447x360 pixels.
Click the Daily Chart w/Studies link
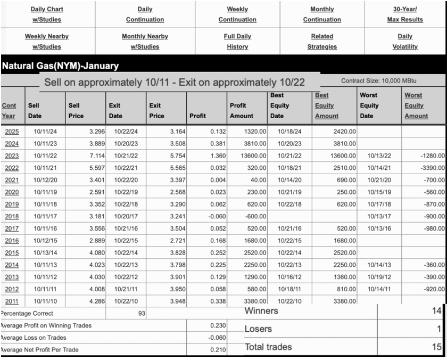click(47, 14)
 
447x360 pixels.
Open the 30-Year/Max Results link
click(405, 14)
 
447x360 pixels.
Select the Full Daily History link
click(237, 42)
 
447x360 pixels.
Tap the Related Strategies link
click(322, 42)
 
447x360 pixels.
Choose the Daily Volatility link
click(405, 42)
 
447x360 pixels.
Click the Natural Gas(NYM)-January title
click(60, 67)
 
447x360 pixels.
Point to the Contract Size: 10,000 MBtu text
click(379, 81)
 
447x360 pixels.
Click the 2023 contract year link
click(12, 156)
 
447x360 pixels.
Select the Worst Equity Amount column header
click(416, 105)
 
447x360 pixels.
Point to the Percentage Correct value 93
click(141, 314)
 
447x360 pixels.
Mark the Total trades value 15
click(436, 347)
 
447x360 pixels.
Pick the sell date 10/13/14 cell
click(45, 252)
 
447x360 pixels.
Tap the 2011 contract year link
click(12, 301)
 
